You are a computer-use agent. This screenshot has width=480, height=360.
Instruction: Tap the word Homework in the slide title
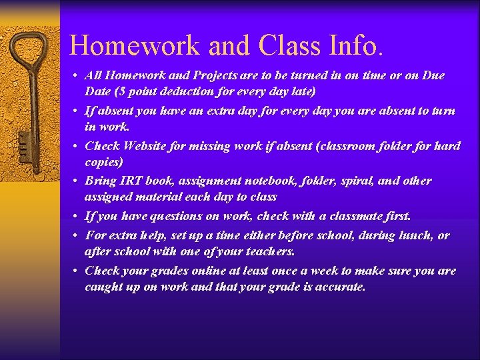[136, 45]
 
